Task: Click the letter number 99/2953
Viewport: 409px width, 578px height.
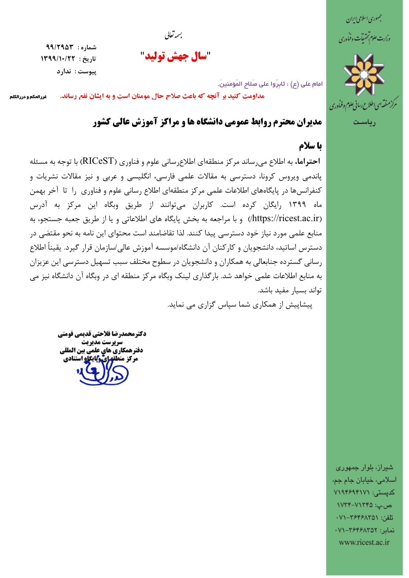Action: tap(60, 46)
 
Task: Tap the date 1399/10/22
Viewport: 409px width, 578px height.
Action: tap(58, 59)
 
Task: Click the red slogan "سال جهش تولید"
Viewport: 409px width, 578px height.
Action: tap(176, 57)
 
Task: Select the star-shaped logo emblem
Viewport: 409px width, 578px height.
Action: tap(364, 74)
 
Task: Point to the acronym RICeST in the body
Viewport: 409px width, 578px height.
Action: tap(98, 161)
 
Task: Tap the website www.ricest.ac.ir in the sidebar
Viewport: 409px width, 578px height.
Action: tap(364, 542)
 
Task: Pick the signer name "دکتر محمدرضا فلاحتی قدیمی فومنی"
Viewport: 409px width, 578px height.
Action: tap(102, 334)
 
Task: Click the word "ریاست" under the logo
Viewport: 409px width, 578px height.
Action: tap(364, 123)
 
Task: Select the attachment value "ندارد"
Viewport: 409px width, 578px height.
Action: tap(64, 72)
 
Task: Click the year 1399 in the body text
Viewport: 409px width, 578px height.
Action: tap(298, 205)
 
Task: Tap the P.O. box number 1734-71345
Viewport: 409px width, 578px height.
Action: tap(355, 505)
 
